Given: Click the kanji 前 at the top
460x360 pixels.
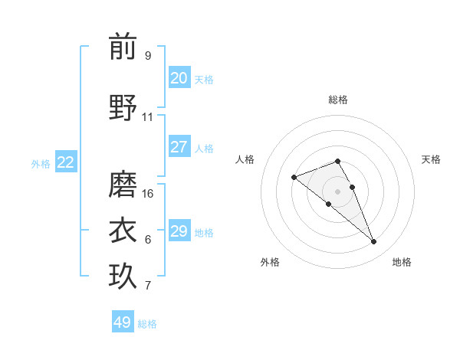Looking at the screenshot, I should tap(123, 47).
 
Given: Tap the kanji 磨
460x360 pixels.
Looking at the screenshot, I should tap(123, 185).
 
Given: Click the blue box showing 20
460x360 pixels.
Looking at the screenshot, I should tap(179, 78).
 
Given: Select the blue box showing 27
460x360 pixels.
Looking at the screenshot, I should tap(179, 147).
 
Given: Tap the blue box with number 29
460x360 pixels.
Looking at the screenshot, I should tap(179, 231).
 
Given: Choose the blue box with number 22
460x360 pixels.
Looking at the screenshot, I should tap(66, 162).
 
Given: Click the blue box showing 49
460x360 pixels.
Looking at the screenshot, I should tap(123, 322).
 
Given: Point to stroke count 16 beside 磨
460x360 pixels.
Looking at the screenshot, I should tap(148, 194).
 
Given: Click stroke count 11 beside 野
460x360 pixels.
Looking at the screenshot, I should tap(148, 117).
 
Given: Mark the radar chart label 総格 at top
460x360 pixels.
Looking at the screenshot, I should tap(338, 100).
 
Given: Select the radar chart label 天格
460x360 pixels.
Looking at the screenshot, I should tap(432, 159).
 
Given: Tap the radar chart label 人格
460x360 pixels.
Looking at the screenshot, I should tap(245, 159).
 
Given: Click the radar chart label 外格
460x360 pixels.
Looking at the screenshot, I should tap(270, 262).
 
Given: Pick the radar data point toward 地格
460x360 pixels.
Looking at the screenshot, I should tap(374, 242).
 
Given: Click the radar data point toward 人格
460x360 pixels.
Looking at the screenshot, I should tap(294, 178).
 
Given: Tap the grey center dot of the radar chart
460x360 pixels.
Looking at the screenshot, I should tap(338, 191).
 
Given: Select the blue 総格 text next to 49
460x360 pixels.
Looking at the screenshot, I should tap(147, 324).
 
